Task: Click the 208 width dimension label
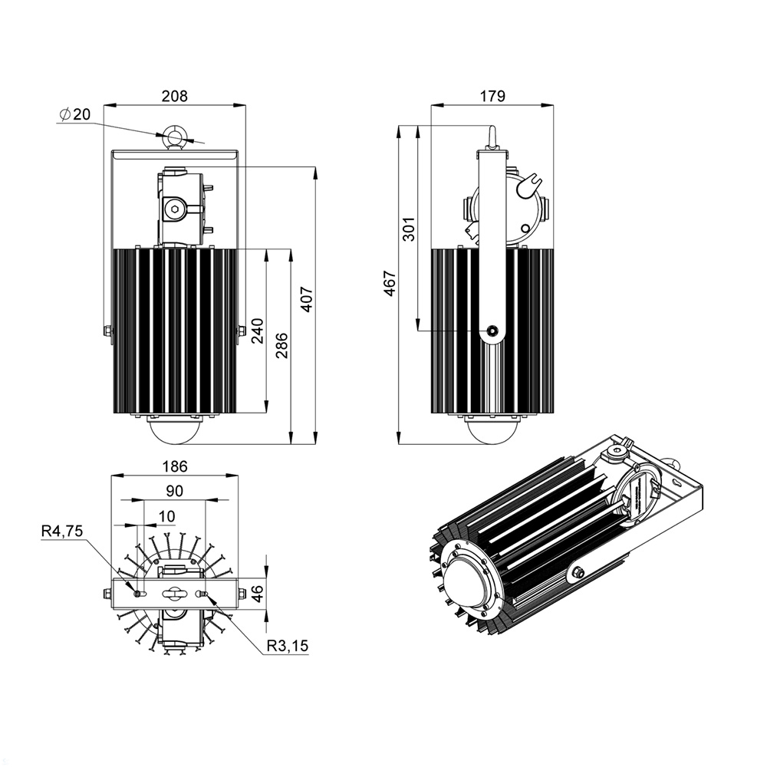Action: [x=174, y=96]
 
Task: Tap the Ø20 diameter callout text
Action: [x=74, y=114]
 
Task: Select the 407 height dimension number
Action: [x=306, y=298]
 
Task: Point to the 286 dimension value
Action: [x=281, y=346]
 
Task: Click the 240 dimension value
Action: [x=258, y=331]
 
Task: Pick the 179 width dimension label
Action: [x=492, y=96]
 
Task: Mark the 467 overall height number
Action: [x=390, y=284]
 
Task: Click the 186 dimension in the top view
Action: [x=175, y=466]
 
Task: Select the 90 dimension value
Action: [x=174, y=491]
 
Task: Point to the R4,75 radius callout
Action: [x=61, y=531]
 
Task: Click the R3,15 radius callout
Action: [x=288, y=647]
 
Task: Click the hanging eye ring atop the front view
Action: [x=175, y=137]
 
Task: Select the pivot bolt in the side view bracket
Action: [x=492, y=331]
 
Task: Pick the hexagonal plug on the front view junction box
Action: [x=175, y=208]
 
